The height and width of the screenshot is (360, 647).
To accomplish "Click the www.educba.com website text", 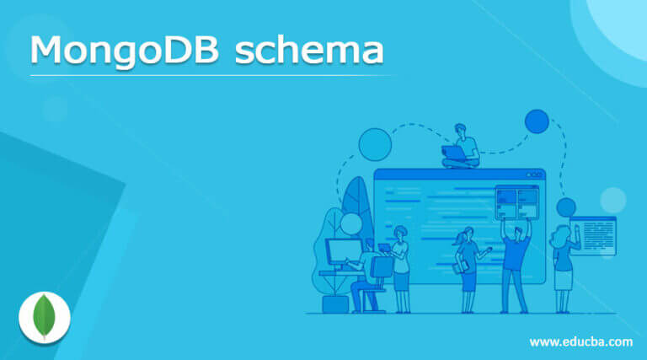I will [x=580, y=341].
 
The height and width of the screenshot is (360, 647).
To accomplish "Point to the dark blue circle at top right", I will [x=537, y=122].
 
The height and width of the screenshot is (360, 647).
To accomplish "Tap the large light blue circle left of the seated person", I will [x=375, y=144].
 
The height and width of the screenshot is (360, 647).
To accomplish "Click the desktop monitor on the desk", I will [x=344, y=252].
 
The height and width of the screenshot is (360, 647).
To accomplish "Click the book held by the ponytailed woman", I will [x=460, y=266].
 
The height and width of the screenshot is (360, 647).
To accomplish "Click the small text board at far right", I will [x=594, y=235].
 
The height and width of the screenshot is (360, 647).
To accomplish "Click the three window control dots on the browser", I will [x=528, y=175].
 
